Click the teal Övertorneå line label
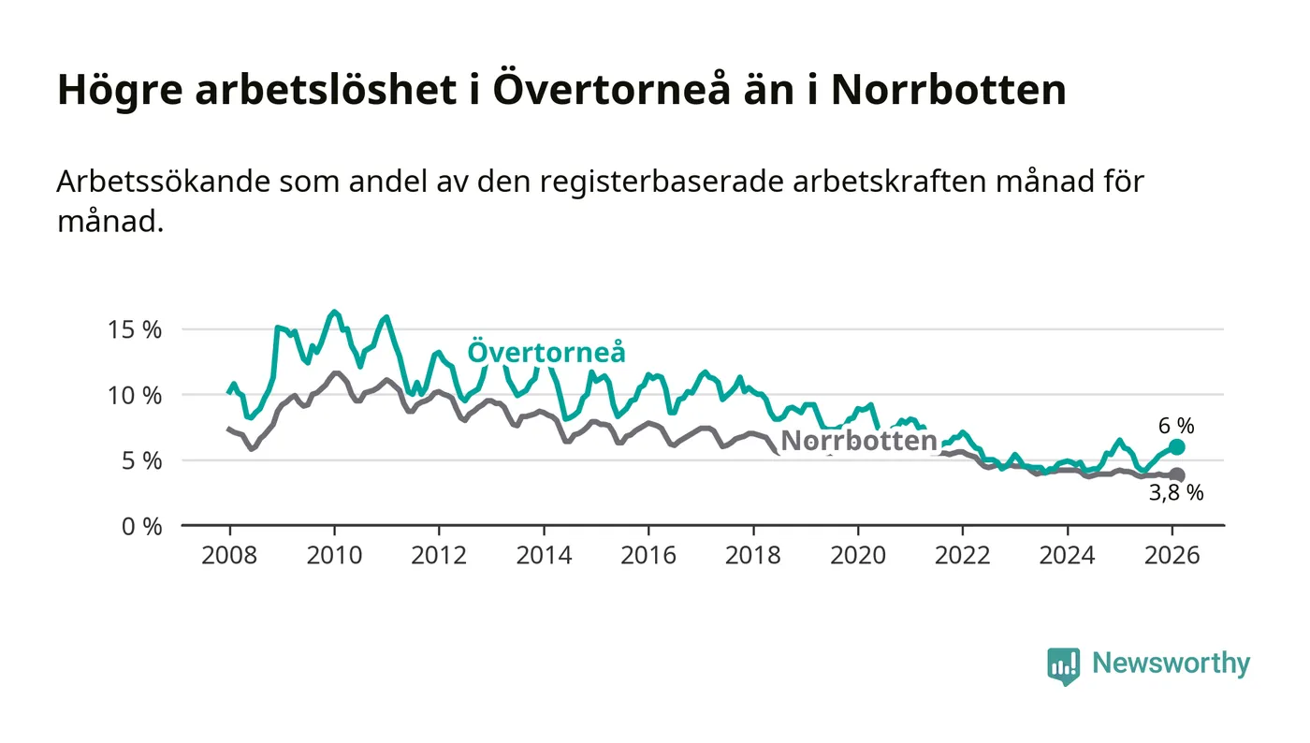546,353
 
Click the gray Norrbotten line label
859,441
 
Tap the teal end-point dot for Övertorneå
1176,447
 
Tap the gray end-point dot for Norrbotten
1176,475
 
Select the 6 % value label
1176,425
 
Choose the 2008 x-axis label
229,555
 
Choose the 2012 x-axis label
439,555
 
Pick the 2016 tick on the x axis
648,555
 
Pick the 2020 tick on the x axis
858,555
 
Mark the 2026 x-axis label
1172,555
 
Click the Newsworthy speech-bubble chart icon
1063,665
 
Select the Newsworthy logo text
1171,663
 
